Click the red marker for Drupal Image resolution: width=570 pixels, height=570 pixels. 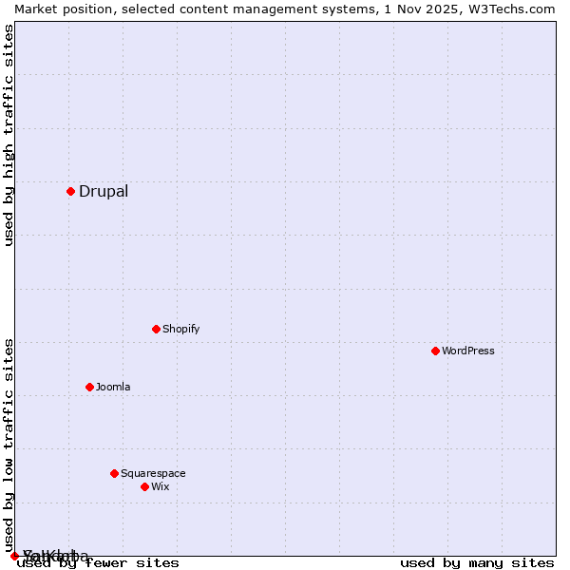coord(70,191)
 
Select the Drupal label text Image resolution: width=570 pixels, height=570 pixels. coord(104,191)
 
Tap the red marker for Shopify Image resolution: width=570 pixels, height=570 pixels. coord(156,329)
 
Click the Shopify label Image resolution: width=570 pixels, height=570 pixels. coord(180,329)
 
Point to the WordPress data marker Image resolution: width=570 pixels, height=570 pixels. coord(435,351)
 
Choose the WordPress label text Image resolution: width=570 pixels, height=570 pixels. coord(468,351)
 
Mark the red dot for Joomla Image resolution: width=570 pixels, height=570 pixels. coord(89,387)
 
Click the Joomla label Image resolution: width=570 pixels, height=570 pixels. coord(113,387)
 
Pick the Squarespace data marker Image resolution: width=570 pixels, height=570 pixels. coord(114,473)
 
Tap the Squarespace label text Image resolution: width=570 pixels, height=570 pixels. coord(153,473)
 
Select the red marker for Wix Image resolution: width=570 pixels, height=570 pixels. coord(144,486)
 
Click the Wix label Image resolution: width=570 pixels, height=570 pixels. coord(160,486)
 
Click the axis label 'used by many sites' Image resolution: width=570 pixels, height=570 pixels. coord(477,562)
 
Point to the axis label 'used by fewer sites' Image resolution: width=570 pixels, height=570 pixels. coord(99,562)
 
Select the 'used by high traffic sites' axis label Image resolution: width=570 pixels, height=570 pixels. coord(9,135)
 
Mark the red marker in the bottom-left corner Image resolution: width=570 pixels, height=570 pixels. coord(14,556)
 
